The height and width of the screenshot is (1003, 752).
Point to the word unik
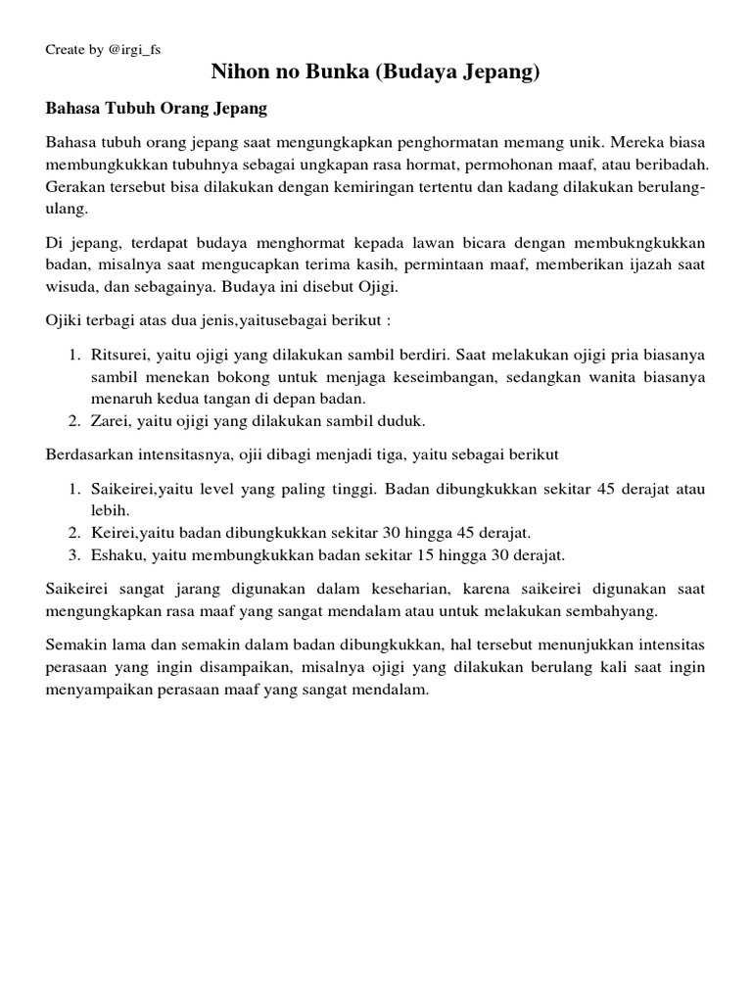pos(561,142)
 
